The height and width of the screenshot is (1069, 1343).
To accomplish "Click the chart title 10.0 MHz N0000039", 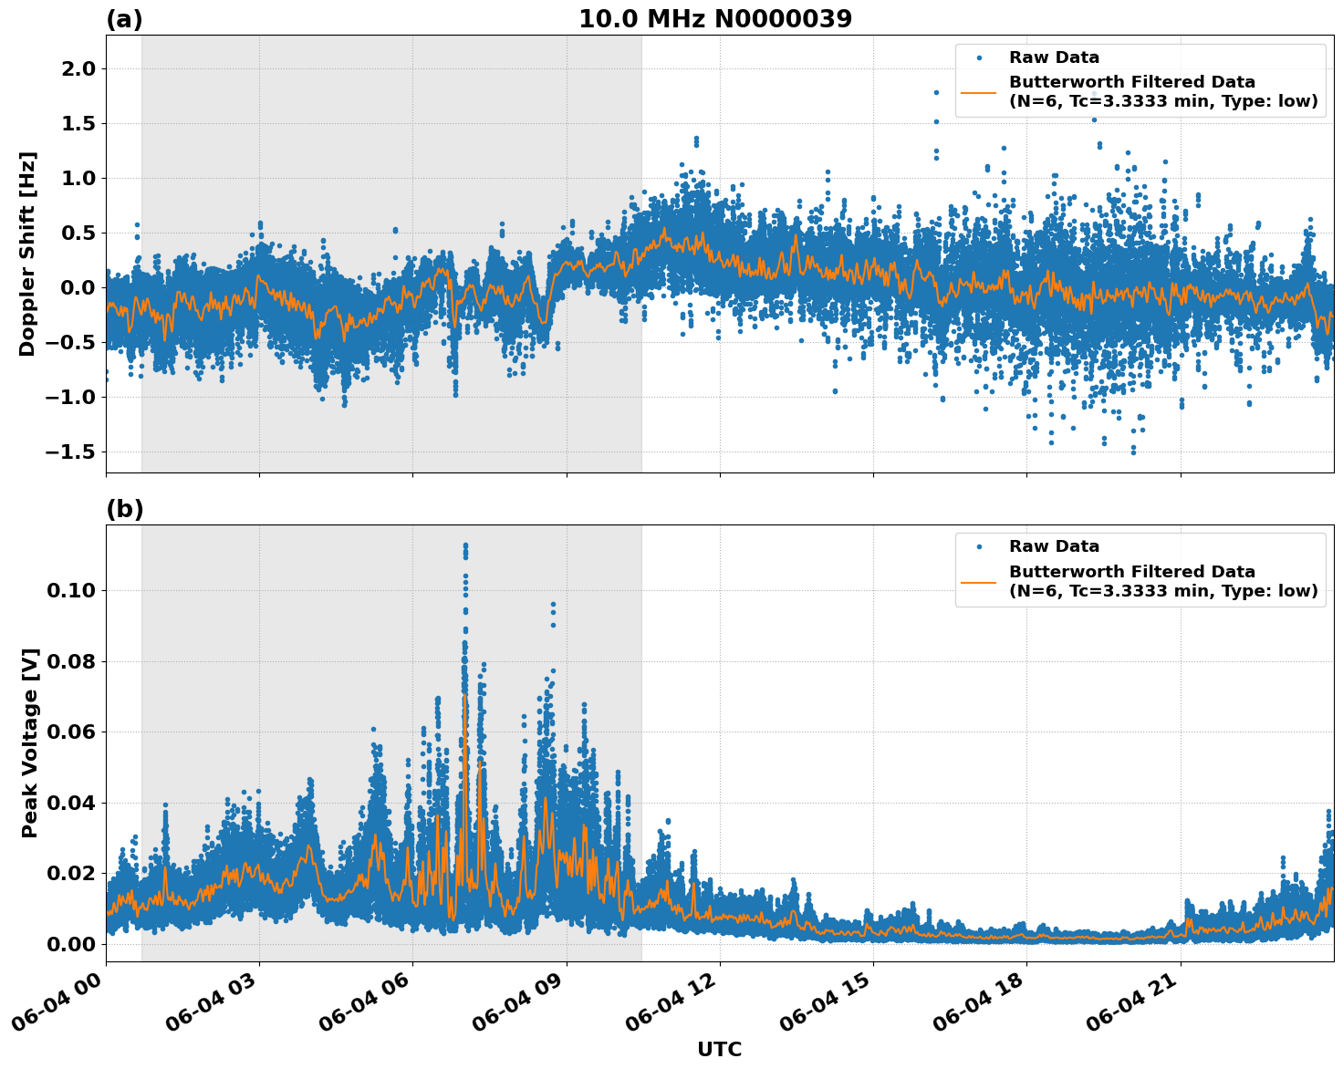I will click(715, 19).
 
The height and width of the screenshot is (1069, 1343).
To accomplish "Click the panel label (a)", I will click(124, 19).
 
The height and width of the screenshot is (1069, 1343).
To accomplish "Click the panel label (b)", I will click(124, 509).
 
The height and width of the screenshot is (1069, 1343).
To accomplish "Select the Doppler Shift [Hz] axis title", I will click(27, 254).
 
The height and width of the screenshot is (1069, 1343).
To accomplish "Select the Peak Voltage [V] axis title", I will click(30, 742).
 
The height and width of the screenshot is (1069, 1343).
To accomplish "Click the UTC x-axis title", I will click(719, 1050).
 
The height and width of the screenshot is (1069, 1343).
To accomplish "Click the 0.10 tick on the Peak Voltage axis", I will click(71, 591).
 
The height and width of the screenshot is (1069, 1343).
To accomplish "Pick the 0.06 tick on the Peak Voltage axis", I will click(71, 732).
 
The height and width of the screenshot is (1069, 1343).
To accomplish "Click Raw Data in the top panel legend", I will click(1054, 57).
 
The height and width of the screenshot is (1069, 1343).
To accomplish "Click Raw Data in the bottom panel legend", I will click(1054, 546).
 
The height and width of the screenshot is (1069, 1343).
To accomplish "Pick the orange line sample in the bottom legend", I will click(979, 581).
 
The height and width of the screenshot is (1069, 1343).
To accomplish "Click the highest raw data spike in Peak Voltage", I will click(465, 545).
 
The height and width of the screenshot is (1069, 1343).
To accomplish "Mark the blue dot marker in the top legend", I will click(979, 57).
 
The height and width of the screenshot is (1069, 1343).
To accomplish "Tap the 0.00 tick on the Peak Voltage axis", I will click(71, 944).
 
